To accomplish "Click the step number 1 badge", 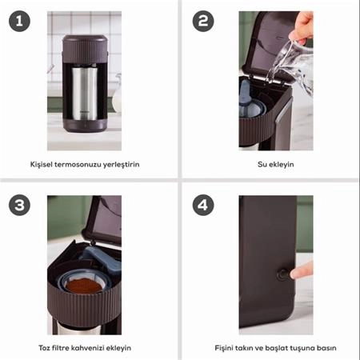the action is tap(19, 21).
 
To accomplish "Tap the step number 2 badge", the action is tap(203, 21).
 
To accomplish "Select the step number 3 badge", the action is tap(19, 205).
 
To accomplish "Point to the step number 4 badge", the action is tap(203, 205).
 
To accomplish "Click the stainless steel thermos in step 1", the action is tap(85, 94).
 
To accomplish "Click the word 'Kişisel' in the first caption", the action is tap(42, 164).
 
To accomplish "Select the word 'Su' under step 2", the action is tap(262, 164).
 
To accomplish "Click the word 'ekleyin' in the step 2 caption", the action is tap(281, 165).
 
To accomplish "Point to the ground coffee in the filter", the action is tap(84, 286).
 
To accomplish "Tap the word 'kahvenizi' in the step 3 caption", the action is tap(87, 348).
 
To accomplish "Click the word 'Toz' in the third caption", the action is tap(44, 348).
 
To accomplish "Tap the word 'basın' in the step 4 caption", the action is tap(326, 348).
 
